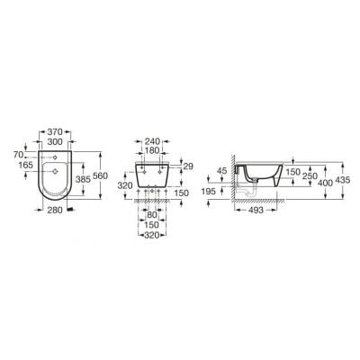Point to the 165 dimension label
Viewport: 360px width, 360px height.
24,166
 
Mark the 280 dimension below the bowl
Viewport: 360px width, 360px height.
57,210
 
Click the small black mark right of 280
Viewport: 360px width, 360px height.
83,212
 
